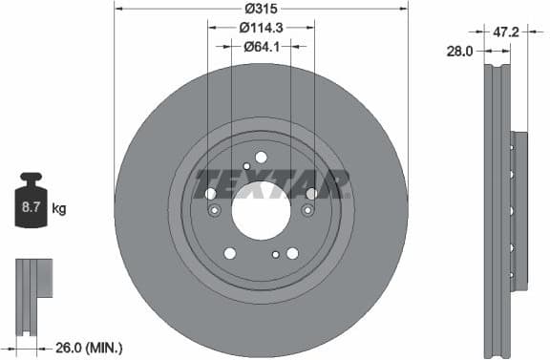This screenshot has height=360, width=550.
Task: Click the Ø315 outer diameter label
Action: pos(261,10)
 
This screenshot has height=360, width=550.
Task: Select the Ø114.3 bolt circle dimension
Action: pos(261,28)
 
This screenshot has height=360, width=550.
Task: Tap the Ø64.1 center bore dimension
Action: pos(261,46)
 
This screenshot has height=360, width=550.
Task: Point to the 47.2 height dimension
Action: pos(506,32)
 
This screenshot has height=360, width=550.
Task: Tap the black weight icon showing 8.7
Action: pos(32,202)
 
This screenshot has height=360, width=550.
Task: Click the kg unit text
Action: pos(59,207)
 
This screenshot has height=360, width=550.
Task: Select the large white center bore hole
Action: pos(261,210)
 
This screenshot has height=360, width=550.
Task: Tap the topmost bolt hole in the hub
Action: pos(261,159)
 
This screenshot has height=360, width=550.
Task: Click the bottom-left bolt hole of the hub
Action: pos(229,253)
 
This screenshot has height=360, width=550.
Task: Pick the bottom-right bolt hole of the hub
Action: pos(293,253)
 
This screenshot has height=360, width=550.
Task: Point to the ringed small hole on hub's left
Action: pos(215,211)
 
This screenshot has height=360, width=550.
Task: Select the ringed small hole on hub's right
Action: pos(307,211)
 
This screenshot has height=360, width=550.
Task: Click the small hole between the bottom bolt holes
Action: pos(275,255)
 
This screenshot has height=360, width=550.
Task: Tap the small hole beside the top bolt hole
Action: pos(246,167)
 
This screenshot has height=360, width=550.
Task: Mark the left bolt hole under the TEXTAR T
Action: pos(210,194)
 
